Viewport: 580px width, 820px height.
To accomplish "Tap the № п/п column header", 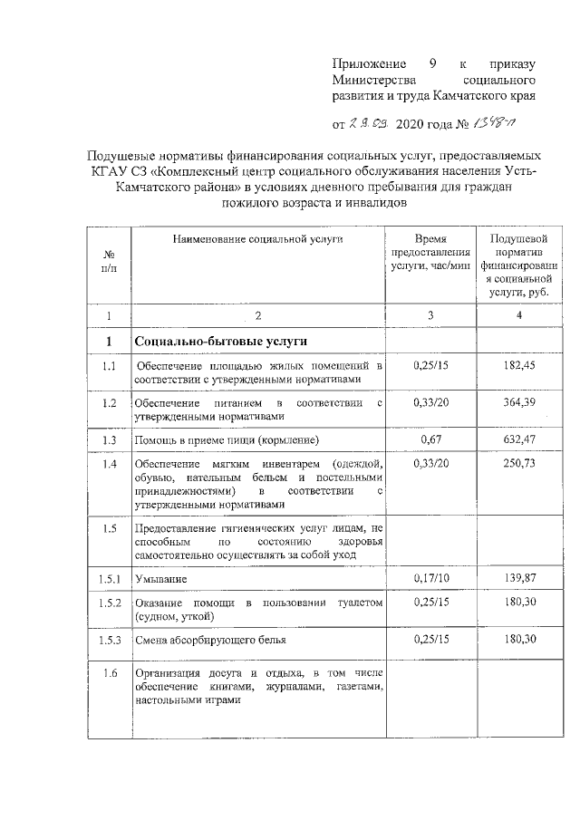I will (x=110, y=260).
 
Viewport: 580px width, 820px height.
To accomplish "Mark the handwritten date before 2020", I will (x=371, y=121).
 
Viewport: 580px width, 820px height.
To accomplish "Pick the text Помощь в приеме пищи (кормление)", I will (x=226, y=440).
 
